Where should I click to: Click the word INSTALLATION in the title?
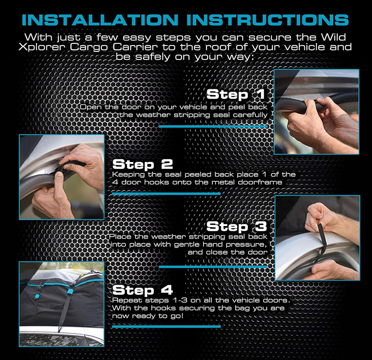pos(100,20)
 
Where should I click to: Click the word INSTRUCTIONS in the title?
pos(267,20)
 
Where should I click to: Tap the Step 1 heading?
pos(235,94)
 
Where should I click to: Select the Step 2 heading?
pos(142,164)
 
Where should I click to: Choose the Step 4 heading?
pos(142,290)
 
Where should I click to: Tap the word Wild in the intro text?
pos(333,37)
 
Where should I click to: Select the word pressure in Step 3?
pos(246,245)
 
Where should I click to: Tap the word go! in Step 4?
pos(177,316)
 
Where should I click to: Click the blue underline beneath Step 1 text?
pos(213,127)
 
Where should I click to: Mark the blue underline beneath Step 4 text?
pos(166,326)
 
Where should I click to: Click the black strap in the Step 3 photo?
pos(322,240)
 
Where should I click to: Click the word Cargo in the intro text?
pos(89,47)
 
